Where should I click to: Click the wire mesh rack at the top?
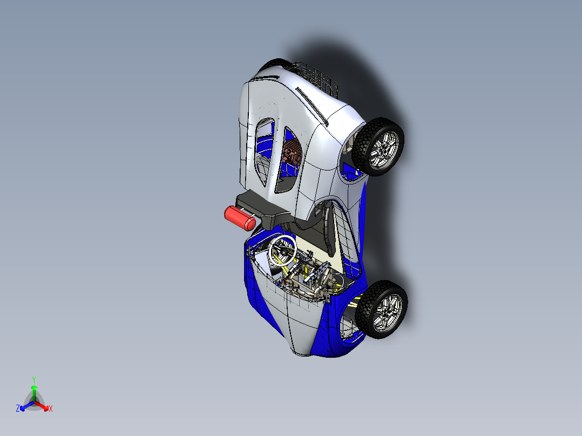point(315,77)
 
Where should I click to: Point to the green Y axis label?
point(33,379)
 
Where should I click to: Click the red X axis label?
point(51,409)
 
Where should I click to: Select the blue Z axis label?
point(18,409)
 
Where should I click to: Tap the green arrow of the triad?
point(34,391)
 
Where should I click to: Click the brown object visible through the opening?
point(292,152)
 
